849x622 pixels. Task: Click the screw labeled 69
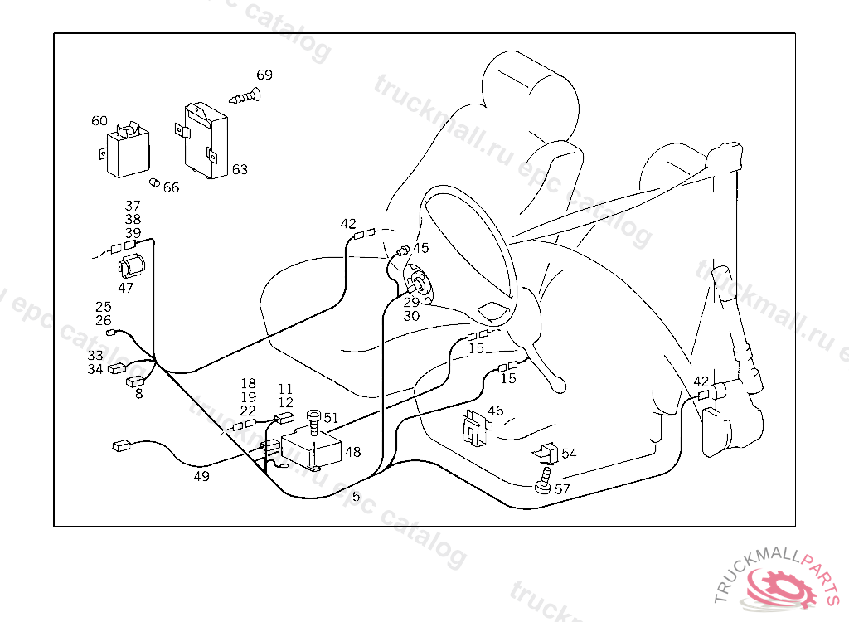pyautogui.click(x=245, y=97)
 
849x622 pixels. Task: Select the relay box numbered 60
pyautogui.click(x=123, y=153)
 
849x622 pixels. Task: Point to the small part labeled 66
pyautogui.click(x=153, y=182)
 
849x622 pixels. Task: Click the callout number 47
pyautogui.click(x=125, y=289)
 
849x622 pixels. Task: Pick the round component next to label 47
pyautogui.click(x=133, y=267)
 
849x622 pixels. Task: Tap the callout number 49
pyautogui.click(x=201, y=477)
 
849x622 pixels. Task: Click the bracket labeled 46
pyautogui.click(x=473, y=426)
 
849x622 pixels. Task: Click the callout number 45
pyautogui.click(x=421, y=248)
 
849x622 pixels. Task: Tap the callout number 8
pyautogui.click(x=138, y=395)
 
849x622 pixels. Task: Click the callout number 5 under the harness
pyautogui.click(x=356, y=497)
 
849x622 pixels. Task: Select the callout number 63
pyautogui.click(x=240, y=170)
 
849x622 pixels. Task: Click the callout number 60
pyautogui.click(x=99, y=121)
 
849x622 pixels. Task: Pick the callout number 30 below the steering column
pyautogui.click(x=411, y=316)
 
